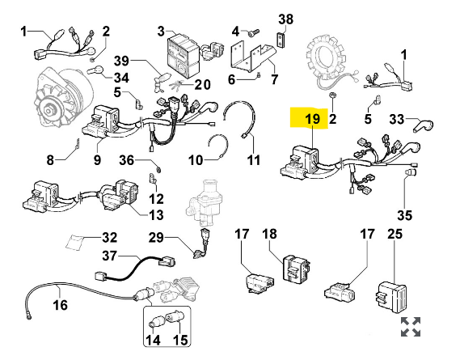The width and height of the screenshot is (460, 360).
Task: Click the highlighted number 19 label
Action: point(312,119)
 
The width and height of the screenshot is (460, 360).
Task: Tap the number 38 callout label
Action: point(285,19)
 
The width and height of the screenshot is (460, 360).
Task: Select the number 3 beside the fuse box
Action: point(161,31)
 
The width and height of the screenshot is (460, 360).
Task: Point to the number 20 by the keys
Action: point(203,85)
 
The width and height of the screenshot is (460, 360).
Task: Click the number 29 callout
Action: point(156,237)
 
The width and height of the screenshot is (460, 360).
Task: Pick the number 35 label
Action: point(405,215)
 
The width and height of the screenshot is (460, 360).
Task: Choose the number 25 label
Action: point(395,234)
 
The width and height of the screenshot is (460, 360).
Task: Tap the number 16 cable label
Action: point(60,305)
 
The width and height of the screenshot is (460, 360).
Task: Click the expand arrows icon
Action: point(411,327)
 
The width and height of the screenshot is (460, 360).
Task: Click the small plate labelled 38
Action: point(281,40)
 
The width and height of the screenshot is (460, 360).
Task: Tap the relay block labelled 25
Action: point(391,298)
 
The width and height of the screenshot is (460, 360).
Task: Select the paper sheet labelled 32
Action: point(74,242)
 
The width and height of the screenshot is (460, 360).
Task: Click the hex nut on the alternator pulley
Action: point(49,111)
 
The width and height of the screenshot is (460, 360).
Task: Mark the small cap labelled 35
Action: point(411,172)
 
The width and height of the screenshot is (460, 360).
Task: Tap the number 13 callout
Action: point(156,215)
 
